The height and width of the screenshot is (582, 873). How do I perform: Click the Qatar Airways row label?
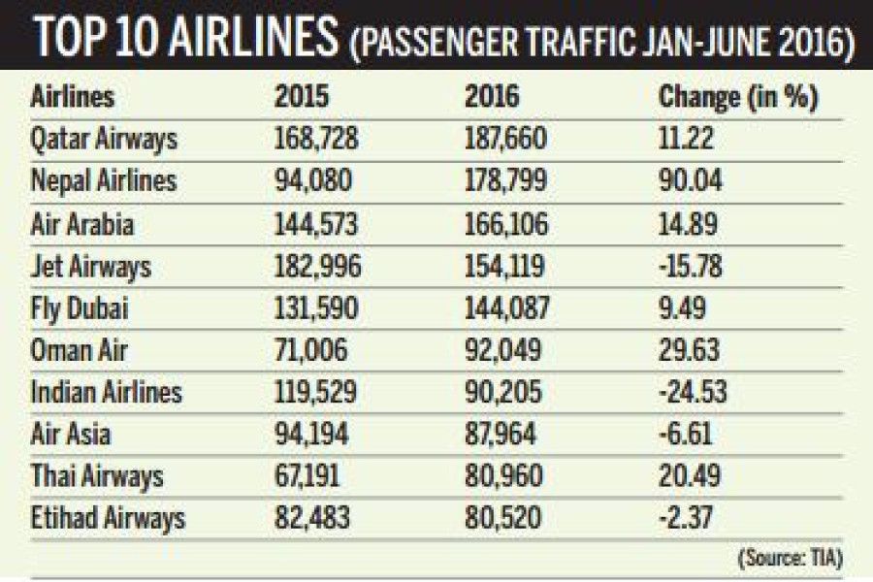click(105, 140)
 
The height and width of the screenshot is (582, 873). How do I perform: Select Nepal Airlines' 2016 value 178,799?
click(506, 181)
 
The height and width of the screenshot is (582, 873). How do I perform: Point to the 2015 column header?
click(302, 97)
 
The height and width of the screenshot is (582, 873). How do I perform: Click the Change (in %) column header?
click(739, 97)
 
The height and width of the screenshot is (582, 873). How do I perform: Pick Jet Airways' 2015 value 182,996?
click(317, 266)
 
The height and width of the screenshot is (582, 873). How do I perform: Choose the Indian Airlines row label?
click(107, 392)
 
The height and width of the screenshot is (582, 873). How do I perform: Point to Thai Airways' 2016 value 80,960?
click(501, 476)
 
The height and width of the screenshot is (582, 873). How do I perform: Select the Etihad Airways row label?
click(108, 518)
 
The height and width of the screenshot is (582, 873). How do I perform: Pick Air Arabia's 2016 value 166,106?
click(506, 224)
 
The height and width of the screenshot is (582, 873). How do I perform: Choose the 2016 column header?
click(493, 97)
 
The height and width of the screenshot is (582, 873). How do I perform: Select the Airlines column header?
click(73, 97)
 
